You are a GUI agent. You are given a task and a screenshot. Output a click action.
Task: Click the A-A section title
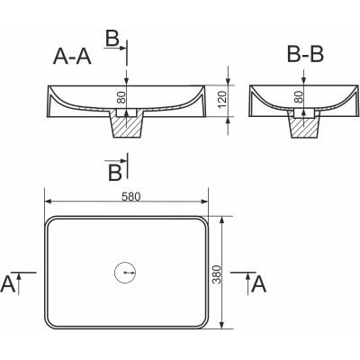point(72,56)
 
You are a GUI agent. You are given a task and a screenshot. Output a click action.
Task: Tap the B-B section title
point(305,55)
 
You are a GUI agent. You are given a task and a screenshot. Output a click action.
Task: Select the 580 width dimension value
point(131,196)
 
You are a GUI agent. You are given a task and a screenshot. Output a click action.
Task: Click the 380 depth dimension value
point(216,274)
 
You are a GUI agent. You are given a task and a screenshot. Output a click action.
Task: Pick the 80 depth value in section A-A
point(121,97)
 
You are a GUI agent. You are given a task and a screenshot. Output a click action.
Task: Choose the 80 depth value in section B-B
point(299,97)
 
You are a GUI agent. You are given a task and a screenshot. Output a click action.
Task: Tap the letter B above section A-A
point(112,40)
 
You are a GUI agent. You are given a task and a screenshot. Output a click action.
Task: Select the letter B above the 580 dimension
point(115,173)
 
